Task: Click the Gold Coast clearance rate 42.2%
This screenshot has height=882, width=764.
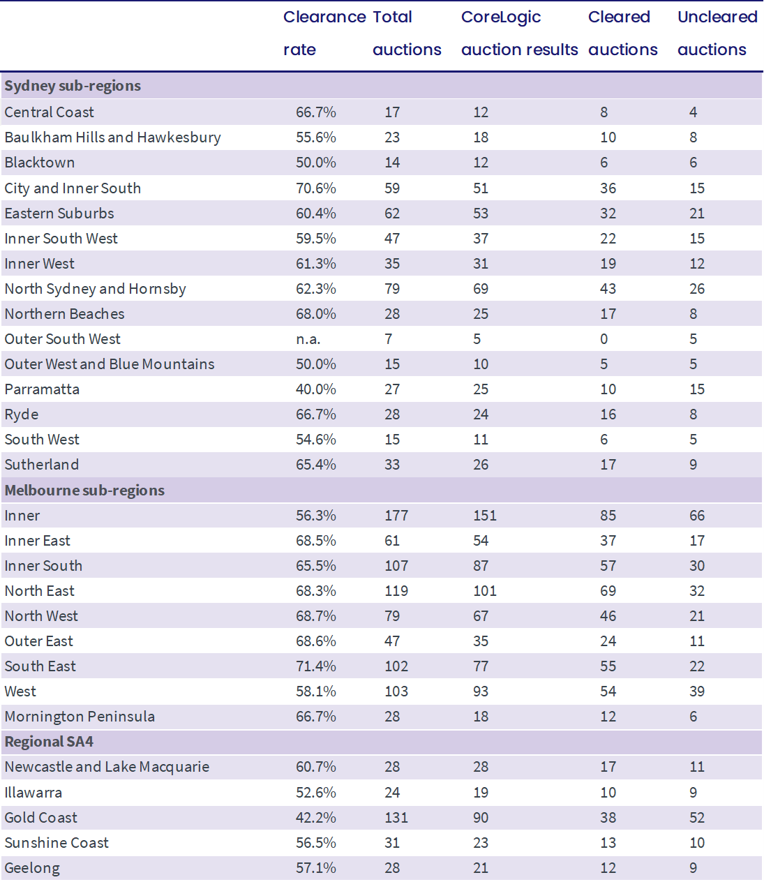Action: (315, 818)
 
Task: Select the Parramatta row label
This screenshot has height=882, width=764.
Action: (42, 389)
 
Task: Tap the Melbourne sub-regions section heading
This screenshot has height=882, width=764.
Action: (84, 491)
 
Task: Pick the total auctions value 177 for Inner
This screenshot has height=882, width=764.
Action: (396, 516)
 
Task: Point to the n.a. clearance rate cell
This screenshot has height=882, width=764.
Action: (308, 339)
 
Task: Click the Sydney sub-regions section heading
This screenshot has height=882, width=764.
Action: (73, 86)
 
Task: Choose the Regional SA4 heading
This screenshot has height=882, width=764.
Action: (49, 742)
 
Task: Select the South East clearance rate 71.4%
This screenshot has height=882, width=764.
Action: (315, 666)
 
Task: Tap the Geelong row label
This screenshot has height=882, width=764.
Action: (32, 868)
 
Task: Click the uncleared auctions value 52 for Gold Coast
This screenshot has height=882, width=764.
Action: (696, 818)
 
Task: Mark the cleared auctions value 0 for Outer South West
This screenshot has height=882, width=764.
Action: (604, 339)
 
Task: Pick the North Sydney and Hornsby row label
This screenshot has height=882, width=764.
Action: (95, 289)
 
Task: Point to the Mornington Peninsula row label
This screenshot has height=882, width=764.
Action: (80, 717)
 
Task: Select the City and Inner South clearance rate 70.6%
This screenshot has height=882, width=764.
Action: (315, 188)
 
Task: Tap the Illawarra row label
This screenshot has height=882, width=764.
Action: (33, 793)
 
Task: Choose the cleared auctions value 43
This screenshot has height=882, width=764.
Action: (608, 289)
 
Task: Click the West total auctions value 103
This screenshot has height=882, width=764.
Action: (396, 692)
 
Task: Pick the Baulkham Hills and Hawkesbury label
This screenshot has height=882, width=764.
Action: (112, 137)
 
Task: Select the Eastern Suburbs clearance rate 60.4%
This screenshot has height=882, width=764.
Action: (315, 214)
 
